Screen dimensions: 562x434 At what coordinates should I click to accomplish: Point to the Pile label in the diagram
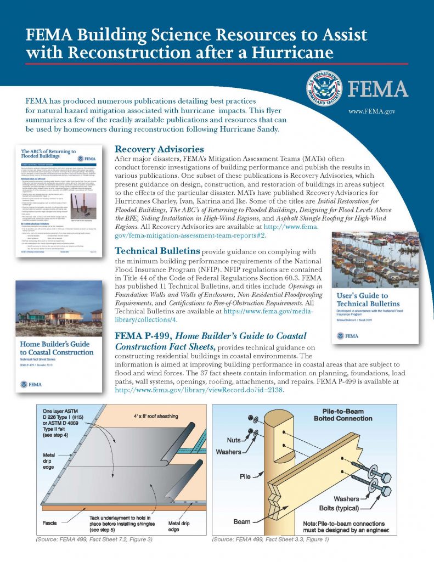click(x=244, y=476)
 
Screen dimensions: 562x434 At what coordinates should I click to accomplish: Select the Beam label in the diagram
click(x=241, y=521)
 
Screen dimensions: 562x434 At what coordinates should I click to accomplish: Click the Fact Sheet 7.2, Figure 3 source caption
click(x=93, y=539)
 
